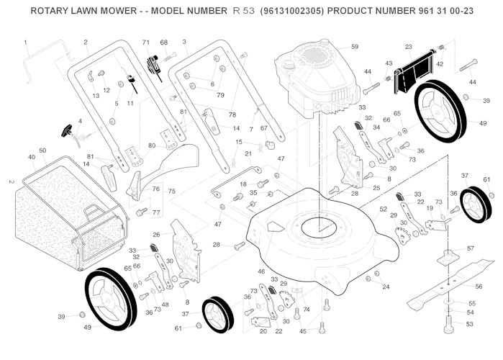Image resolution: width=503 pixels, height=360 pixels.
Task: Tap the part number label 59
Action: click(x=354, y=47)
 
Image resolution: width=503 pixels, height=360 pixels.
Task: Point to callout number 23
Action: click(x=408, y=47)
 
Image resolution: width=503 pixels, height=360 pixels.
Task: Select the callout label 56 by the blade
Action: click(x=478, y=287)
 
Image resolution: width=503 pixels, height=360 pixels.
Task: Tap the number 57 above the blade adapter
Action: click(x=471, y=248)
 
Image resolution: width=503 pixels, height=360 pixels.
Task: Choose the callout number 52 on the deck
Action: click(x=383, y=209)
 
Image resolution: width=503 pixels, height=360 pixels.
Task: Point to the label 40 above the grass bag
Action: click(x=32, y=157)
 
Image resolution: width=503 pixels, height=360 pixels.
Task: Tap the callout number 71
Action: click(x=146, y=43)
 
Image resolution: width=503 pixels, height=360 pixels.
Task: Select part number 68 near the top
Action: click(x=163, y=43)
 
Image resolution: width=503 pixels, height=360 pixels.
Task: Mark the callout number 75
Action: click(x=171, y=192)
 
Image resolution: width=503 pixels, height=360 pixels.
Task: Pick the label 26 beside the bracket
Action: click(x=156, y=234)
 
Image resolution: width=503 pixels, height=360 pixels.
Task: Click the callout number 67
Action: click(x=263, y=128)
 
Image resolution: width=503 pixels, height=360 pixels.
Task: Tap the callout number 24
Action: click(x=386, y=287)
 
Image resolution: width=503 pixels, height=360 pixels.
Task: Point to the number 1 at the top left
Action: click(x=25, y=42)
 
